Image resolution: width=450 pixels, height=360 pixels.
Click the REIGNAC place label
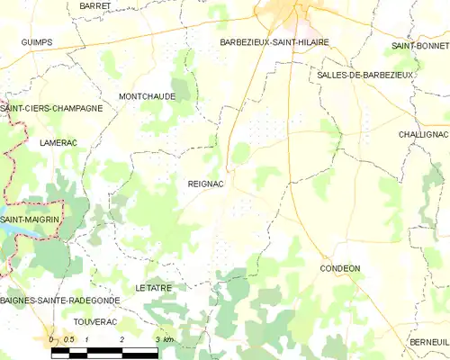[x=205, y=184]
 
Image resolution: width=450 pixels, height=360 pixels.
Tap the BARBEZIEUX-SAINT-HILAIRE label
[x=274, y=42]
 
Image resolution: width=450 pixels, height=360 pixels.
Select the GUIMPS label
[x=37, y=42]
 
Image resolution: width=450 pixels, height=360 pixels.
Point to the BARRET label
[x=94, y=5]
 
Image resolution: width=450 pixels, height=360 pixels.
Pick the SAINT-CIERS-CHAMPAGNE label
[x=51, y=108]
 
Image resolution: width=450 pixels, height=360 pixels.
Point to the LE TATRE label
[x=152, y=287]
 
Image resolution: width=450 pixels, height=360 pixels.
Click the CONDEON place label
[x=340, y=268]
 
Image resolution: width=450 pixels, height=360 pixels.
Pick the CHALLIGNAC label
[x=423, y=133]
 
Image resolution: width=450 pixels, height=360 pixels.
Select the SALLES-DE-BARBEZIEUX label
[x=364, y=75]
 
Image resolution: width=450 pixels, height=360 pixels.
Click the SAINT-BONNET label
[x=420, y=45]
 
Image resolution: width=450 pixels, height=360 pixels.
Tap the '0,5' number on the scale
[x=67, y=339]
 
